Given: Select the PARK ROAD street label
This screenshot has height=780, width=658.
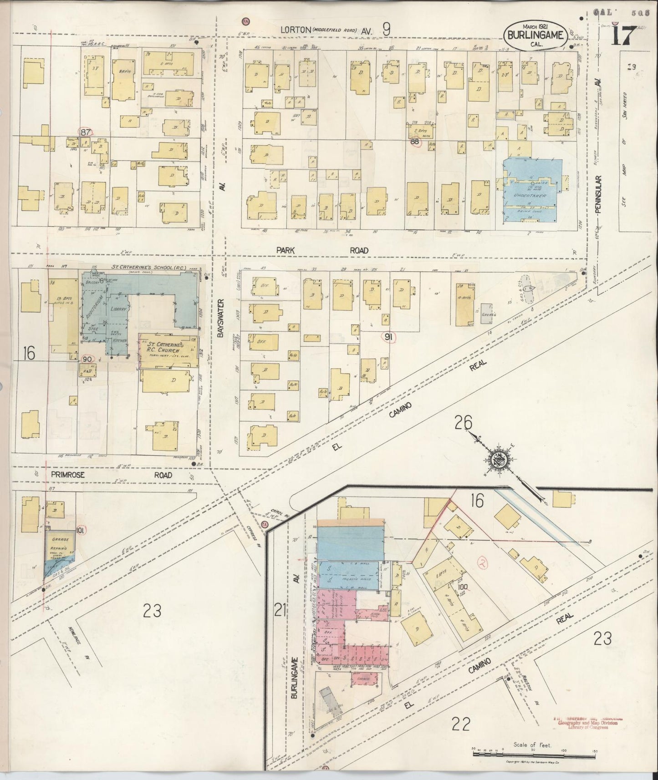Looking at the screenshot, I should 322,250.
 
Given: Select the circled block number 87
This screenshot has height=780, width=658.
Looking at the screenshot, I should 85,132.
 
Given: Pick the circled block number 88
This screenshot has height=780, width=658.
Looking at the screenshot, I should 415,142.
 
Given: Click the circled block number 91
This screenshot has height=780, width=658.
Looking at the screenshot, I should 390,337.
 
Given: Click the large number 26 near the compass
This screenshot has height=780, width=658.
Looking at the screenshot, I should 463,424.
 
